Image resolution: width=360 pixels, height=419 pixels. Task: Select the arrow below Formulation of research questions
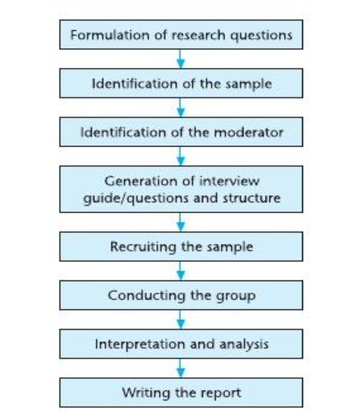[x=181, y=59]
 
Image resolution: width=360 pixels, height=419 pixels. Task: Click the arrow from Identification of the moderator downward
[x=181, y=156]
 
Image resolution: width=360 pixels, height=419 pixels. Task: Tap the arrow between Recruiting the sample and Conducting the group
[x=181, y=271]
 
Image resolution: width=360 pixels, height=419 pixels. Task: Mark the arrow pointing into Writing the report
[x=181, y=368]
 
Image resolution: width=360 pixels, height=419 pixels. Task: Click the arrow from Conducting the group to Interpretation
[x=181, y=319]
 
